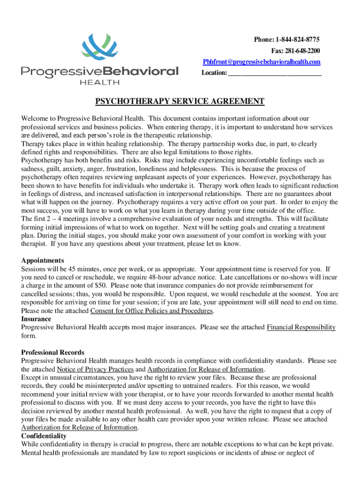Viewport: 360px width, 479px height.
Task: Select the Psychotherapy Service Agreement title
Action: coord(180,102)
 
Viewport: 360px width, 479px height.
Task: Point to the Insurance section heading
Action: coord(36,319)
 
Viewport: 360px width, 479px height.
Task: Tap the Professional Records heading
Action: coord(53,352)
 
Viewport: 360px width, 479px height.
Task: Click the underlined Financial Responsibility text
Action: coord(301,327)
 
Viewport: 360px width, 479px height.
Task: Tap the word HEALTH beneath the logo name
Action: coord(100,82)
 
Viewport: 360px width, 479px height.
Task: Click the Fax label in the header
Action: coord(278,51)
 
